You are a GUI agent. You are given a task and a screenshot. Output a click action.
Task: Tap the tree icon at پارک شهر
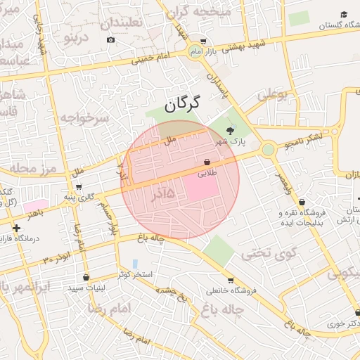(231, 129)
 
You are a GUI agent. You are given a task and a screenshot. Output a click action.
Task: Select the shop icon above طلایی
(207, 162)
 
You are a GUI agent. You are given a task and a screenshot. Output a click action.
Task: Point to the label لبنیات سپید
(86, 288)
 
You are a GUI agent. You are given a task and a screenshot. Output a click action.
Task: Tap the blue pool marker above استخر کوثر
(134, 264)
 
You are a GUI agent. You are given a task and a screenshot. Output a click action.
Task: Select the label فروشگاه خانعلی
(227, 290)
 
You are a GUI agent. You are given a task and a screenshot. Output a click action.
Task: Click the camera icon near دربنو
(110, 39)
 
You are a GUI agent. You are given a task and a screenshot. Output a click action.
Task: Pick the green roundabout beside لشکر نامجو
(268, 149)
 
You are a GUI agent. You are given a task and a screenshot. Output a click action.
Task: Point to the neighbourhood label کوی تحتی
(270, 253)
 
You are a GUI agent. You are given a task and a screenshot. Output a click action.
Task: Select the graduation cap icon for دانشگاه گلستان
(344, 14)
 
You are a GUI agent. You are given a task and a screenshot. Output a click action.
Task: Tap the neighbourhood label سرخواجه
(84, 117)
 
